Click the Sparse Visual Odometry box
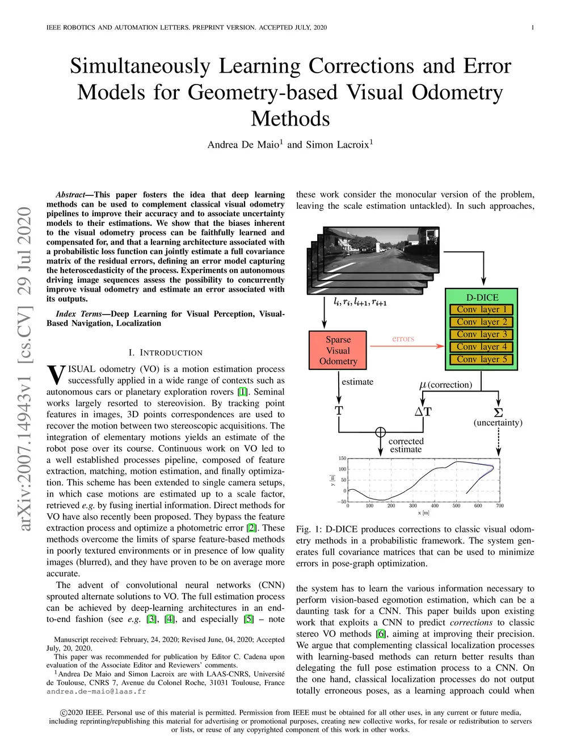tap(338, 350)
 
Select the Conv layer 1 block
tap(481, 309)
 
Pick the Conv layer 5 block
tap(481, 359)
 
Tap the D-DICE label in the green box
tap(482, 297)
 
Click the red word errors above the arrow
tap(403, 339)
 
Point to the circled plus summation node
tap(380, 432)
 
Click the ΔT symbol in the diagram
tap(423, 411)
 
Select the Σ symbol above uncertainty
tap(498, 413)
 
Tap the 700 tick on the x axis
tap(499, 505)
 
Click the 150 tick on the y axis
tap(342, 458)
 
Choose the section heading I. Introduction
tap(165, 352)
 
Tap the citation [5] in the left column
tap(249, 619)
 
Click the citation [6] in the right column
tap(380, 634)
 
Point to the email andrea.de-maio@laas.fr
tap(96, 691)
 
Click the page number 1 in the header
tap(532, 27)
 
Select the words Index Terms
tap(79, 314)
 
